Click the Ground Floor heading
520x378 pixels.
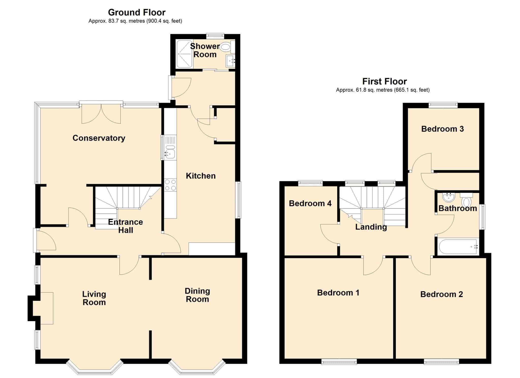click(137, 12)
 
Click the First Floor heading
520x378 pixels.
click(384, 81)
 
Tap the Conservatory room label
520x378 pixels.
click(99, 138)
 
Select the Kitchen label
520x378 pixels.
click(201, 176)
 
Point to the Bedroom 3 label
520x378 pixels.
click(443, 129)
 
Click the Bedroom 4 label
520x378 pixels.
click(310, 203)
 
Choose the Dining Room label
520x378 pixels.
click(197, 295)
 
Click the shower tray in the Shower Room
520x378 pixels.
click(184, 54)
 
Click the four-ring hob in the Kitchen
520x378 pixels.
click(170, 185)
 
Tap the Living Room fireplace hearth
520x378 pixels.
click(46, 308)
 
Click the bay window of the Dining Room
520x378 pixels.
click(197, 367)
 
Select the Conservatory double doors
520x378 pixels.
click(101, 113)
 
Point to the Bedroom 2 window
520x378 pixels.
click(441, 361)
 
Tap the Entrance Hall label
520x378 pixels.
click(125, 226)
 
